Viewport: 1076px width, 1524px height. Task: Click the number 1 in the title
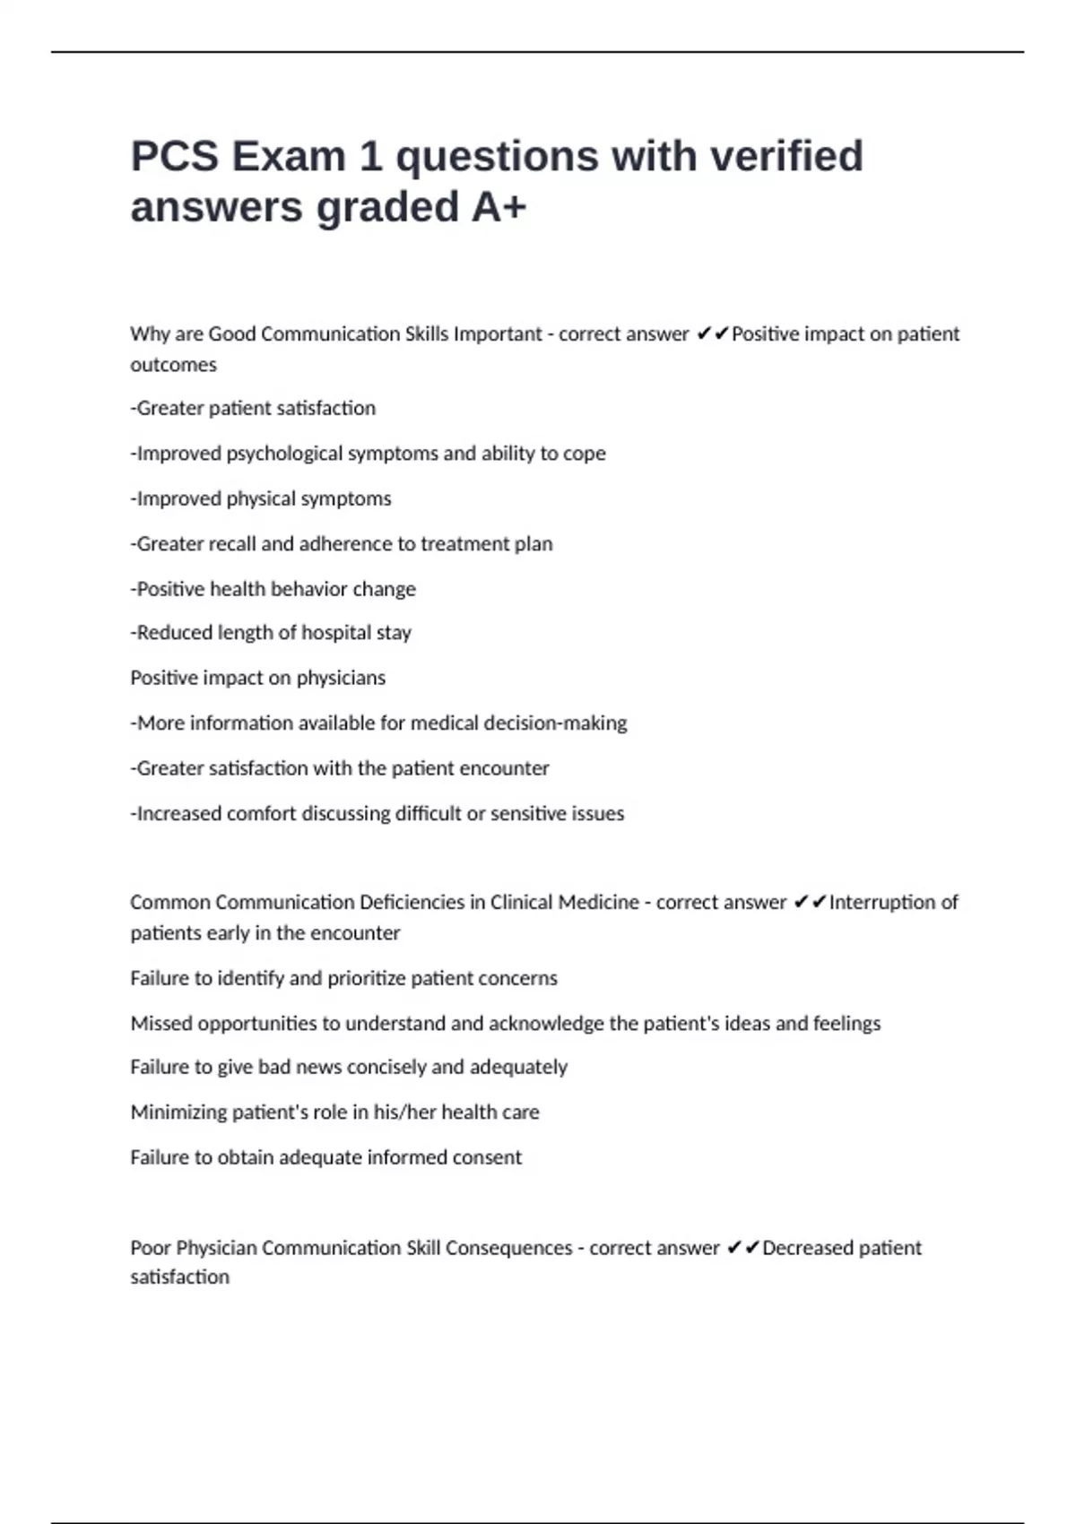(370, 157)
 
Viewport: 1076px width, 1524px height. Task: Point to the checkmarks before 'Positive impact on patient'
(713, 334)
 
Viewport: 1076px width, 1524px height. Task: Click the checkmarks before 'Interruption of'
(811, 903)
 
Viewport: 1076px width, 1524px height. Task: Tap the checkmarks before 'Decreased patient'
(743, 1248)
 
